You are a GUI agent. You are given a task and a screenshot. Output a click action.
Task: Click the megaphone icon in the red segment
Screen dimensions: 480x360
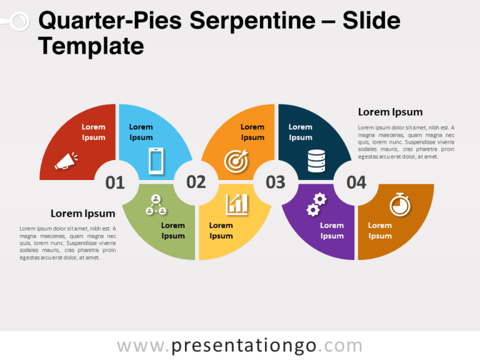[x=66, y=161]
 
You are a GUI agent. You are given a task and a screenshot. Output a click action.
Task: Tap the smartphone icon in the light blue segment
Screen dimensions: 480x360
[x=156, y=161]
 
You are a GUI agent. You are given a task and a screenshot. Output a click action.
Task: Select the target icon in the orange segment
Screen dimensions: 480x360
[x=236, y=161]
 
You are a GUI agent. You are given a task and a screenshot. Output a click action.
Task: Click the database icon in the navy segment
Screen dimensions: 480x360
[x=316, y=161]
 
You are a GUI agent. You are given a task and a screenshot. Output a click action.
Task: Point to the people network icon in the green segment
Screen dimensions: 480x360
[x=156, y=205]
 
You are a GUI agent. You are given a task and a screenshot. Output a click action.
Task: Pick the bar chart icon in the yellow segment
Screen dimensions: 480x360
[x=237, y=204]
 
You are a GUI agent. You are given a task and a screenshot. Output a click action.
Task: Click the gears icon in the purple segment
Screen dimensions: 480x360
[x=316, y=204]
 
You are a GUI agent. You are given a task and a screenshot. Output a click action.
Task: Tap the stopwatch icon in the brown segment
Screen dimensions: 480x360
[x=400, y=204]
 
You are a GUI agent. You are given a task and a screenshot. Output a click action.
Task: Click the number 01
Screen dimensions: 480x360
[x=115, y=182]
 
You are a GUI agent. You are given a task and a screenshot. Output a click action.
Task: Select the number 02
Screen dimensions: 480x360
[x=196, y=182]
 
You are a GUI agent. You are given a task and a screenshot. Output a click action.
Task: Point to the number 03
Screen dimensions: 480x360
[x=276, y=182]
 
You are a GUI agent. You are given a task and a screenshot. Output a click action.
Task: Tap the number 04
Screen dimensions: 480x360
[x=356, y=182]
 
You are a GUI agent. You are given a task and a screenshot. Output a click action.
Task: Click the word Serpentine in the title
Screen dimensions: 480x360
[x=252, y=21]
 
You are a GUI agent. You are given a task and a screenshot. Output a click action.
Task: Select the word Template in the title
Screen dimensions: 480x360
[x=91, y=46]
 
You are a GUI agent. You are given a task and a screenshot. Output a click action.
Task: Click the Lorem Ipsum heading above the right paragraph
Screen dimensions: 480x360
[x=390, y=112]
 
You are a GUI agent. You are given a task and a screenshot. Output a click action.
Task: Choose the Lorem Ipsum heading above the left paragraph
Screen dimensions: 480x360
[x=82, y=213]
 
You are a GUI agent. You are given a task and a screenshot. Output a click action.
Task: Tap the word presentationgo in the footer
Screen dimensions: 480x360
[x=244, y=346]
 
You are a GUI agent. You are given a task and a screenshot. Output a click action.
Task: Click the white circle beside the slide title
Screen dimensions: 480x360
[x=20, y=21]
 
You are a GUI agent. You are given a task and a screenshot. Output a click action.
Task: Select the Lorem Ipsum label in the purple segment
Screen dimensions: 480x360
[x=332, y=231]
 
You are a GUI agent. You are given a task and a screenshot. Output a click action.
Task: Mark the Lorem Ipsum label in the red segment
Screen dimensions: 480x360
[x=93, y=132]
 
